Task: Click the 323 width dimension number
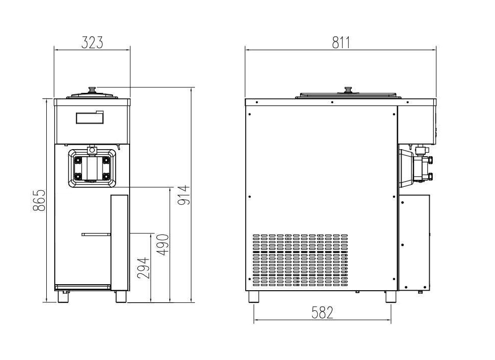click(92, 43)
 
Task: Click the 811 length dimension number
click(341, 43)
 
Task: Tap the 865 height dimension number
click(40, 200)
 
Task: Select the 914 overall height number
click(184, 195)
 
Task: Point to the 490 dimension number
click(163, 245)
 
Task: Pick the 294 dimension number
click(143, 268)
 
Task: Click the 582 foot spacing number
click(322, 313)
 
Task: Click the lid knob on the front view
click(92, 89)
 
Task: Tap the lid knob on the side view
click(348, 89)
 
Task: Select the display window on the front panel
click(89, 117)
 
